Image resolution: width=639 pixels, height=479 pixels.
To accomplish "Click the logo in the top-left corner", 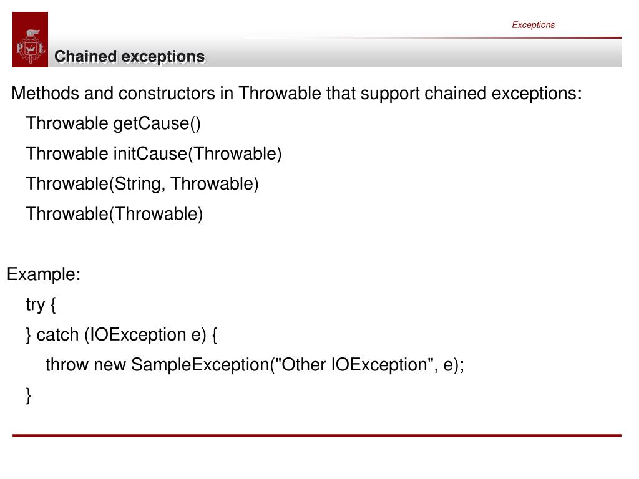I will (x=30, y=40).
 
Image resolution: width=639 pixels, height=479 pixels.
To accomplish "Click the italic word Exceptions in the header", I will (x=533, y=25).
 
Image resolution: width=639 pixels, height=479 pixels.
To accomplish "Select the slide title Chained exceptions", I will (x=129, y=57).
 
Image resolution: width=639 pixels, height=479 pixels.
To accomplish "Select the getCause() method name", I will (x=157, y=123).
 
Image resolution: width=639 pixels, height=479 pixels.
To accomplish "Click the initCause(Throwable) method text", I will (x=197, y=153).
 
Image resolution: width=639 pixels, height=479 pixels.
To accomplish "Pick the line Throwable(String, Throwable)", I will (x=142, y=183).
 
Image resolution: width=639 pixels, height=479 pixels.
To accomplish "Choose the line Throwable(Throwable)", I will (x=114, y=214).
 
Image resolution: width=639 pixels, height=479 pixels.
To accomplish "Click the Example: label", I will (x=44, y=274).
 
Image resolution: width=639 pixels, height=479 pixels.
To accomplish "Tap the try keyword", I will (x=35, y=305).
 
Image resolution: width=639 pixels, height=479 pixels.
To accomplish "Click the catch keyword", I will (x=57, y=335).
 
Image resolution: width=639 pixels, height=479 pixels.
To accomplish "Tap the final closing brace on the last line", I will (x=29, y=395).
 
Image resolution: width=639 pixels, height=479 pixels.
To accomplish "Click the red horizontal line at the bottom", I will (x=317, y=435).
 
